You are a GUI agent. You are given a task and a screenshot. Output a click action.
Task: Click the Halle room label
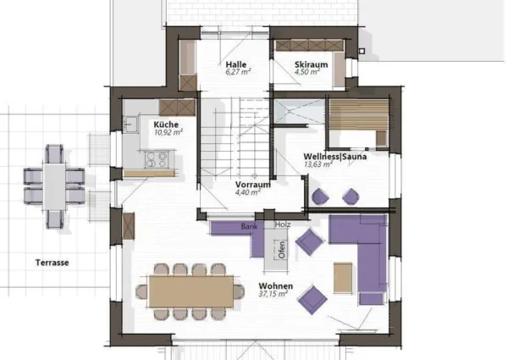tap(236, 64)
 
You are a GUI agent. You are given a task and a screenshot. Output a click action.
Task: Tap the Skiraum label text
tap(311, 65)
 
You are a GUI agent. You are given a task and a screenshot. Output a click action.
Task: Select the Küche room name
tap(166, 125)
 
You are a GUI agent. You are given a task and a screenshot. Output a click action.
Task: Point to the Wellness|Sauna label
tap(335, 157)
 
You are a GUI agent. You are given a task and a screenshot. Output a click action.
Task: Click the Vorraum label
tap(252, 185)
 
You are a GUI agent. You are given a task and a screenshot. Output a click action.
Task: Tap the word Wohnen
tap(276, 286)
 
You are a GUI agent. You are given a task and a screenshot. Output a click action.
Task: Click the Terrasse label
tap(52, 263)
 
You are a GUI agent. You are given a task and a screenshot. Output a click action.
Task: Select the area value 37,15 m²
tap(273, 294)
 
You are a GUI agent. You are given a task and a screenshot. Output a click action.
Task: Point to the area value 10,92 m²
tap(168, 132)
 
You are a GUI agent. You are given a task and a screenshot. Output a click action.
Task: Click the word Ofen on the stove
tap(282, 250)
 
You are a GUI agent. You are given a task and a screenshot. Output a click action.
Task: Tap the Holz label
tap(283, 224)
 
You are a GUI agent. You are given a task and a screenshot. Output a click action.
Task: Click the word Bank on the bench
tap(249, 226)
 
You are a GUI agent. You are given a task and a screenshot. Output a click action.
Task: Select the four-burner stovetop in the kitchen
tap(157, 160)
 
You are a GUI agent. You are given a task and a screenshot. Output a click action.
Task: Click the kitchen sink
tap(131, 125)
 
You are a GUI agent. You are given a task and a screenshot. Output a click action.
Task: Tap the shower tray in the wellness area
tap(299, 111)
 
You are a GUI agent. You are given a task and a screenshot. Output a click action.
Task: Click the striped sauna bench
tap(359, 114)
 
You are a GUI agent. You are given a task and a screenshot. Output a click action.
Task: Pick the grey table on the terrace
tap(54, 186)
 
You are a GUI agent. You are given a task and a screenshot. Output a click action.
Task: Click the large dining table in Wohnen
tap(191, 291)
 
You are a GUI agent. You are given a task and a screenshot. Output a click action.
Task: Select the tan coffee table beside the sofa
tap(343, 278)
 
